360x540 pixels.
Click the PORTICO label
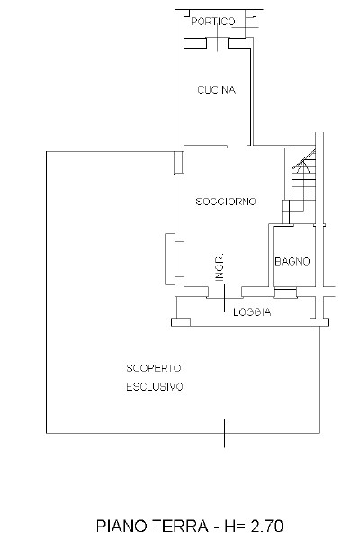[214, 21]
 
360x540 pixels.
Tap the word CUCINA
[216, 90]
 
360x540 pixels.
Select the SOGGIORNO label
[226, 202]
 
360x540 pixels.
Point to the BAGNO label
[292, 262]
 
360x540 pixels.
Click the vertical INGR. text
[220, 268]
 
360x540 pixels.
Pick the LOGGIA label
[252, 312]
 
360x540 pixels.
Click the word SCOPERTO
[154, 368]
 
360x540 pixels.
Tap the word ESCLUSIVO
[154, 387]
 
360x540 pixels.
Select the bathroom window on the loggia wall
[285, 293]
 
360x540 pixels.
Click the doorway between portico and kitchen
[219, 40]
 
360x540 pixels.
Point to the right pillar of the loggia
[317, 319]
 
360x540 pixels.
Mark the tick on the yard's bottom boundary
[224, 438]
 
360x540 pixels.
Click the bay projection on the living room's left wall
[169, 255]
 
